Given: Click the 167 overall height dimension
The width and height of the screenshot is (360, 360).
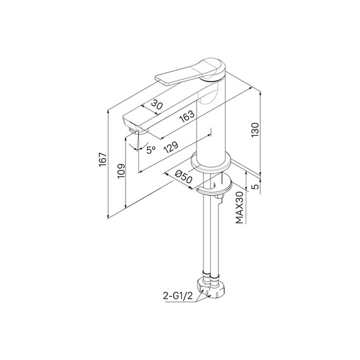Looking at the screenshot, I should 102,162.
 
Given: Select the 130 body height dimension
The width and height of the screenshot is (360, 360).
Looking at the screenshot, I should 255,130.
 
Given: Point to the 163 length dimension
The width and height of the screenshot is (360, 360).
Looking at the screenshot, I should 186,116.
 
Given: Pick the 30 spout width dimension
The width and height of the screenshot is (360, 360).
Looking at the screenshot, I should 157,105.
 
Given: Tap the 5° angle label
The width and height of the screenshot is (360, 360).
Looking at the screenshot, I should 150,150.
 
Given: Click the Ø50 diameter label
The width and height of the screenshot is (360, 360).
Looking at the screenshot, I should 184,177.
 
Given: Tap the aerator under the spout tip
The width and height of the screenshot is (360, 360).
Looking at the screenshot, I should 131,131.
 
